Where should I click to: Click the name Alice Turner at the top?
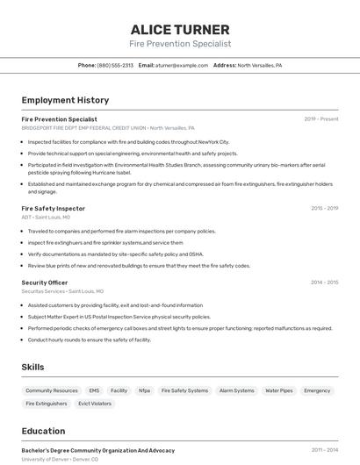tap(180, 30)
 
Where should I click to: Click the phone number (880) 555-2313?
tap(116, 65)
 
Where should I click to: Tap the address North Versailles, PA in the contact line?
tap(259, 65)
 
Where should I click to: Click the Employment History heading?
tap(65, 100)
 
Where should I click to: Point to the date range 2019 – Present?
tap(321, 119)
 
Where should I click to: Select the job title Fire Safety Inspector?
tap(54, 209)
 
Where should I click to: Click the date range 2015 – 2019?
tap(324, 209)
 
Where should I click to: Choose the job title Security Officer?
tap(45, 283)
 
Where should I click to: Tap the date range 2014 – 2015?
tap(324, 283)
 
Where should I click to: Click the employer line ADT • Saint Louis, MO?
tap(46, 217)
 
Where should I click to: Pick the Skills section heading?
tap(32, 367)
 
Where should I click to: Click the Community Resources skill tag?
tap(52, 390)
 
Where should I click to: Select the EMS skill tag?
tap(94, 390)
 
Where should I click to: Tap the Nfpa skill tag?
tap(144, 390)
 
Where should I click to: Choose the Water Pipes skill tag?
tap(279, 390)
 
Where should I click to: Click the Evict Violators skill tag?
tap(95, 404)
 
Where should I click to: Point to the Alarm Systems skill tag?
tap(236, 390)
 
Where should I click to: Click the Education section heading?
tap(44, 432)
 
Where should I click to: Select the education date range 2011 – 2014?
tap(324, 450)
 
